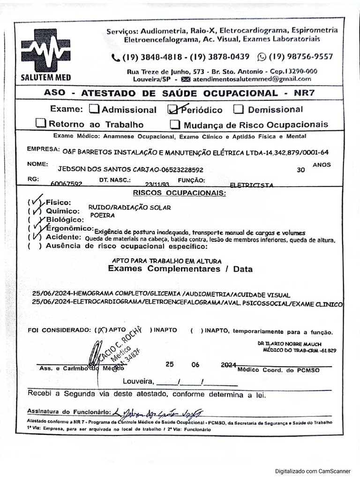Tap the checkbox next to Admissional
[x=94, y=109]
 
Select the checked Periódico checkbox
[x=173, y=109]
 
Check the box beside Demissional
[x=239, y=109]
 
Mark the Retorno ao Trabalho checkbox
[x=41, y=124]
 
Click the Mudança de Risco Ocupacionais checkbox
[x=175, y=124]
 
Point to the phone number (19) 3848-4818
[x=153, y=57]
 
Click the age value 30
[x=300, y=170]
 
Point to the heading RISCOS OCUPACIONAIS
[x=179, y=193]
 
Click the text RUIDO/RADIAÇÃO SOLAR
[x=129, y=207]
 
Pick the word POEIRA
[x=101, y=215]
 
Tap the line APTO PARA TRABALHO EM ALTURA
[x=167, y=261]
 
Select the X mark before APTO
[x=99, y=330]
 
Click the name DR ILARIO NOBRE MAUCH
[x=289, y=344]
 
